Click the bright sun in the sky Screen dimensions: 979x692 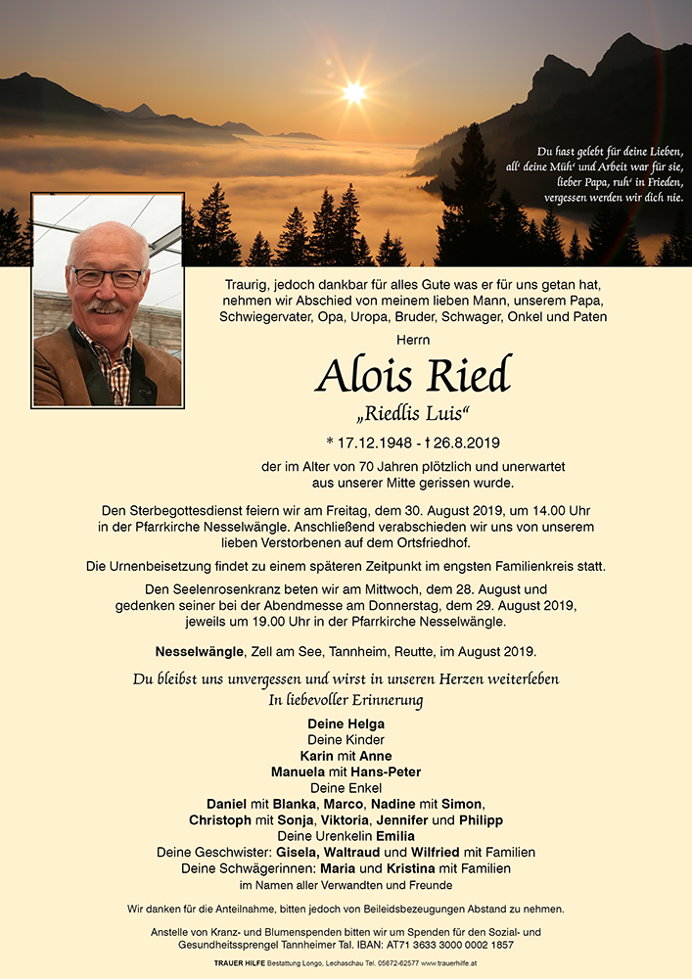tap(353, 93)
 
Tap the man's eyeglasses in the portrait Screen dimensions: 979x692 tap(108, 277)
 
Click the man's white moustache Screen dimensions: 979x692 tap(107, 306)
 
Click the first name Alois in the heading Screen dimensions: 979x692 tap(366, 374)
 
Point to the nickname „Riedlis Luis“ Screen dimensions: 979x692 tap(412, 412)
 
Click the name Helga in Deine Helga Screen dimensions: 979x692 tap(365, 724)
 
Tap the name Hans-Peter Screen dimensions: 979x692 tap(389, 771)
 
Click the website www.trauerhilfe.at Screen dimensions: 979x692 tap(449, 964)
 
